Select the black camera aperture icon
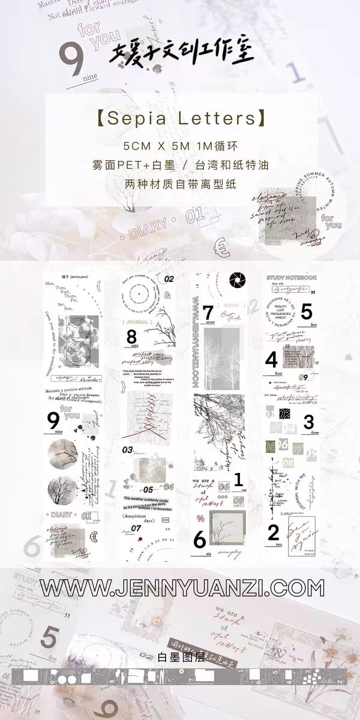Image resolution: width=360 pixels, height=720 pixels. tap(234, 280)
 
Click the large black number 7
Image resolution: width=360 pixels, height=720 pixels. tap(208, 313)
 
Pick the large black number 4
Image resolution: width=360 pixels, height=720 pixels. tap(271, 360)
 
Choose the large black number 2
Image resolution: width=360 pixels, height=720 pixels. tap(274, 532)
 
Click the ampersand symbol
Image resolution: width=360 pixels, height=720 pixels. tap(167, 294)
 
